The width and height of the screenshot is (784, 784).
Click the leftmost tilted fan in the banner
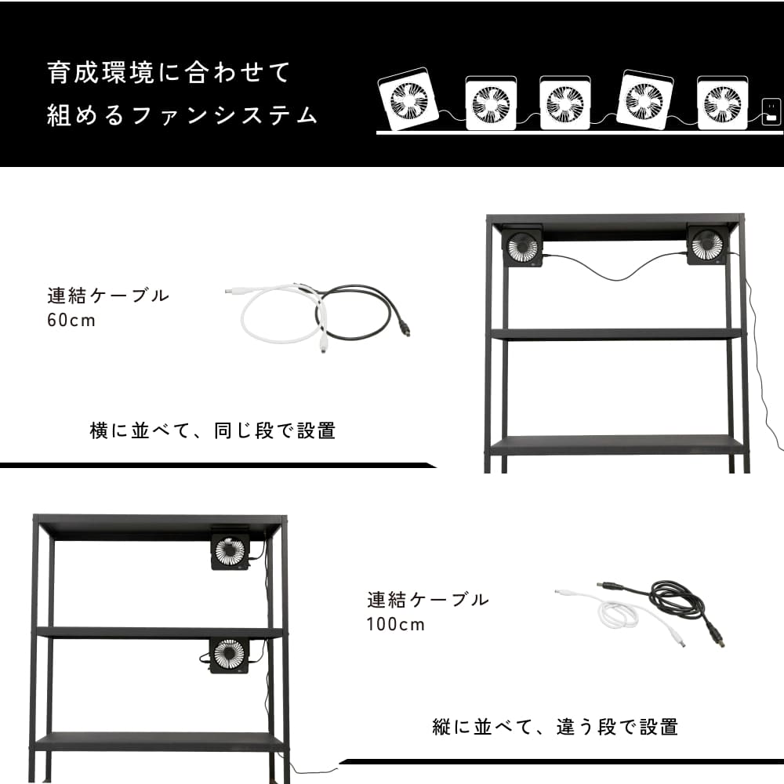[408, 100]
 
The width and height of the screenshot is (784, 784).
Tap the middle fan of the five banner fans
[565, 103]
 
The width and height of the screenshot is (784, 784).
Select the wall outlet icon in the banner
[771, 112]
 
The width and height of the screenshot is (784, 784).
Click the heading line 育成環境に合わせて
[169, 72]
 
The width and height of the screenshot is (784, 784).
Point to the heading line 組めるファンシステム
[182, 115]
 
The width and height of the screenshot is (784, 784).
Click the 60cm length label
[71, 321]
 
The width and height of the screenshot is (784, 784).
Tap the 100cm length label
[395, 625]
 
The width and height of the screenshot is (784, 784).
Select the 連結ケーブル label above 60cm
[108, 296]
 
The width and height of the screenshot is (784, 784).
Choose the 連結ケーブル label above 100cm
[428, 600]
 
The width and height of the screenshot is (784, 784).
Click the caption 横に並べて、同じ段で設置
[212, 430]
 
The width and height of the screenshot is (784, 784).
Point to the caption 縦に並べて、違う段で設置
[555, 727]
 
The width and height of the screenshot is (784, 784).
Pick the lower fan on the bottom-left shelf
[229, 655]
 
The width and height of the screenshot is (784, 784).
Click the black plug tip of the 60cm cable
[406, 330]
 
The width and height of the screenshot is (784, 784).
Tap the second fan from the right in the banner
[645, 100]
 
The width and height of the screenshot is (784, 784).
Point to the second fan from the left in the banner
[491, 103]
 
